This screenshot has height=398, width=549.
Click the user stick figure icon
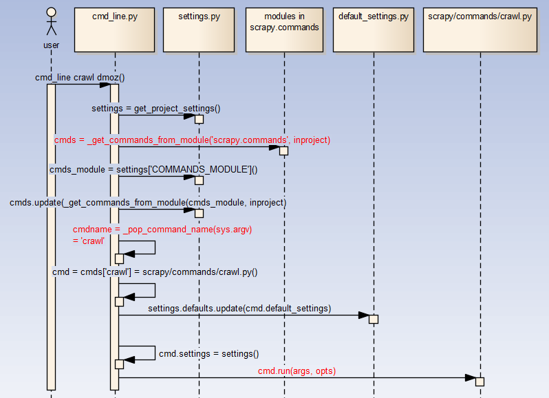pos(51,22)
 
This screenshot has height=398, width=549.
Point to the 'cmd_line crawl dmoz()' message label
pos(80,78)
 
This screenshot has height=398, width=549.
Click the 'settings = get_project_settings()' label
pos(156,109)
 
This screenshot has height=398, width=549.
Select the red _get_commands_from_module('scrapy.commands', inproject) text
pos(192,140)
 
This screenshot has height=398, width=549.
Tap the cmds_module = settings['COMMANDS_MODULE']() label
pos(153,169)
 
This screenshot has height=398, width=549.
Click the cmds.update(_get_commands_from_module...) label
pos(148,203)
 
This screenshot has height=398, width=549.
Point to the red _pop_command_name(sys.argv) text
pos(162,229)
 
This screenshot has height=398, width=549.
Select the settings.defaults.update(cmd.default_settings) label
pos(239,309)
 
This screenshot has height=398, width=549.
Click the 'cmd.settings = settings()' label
pos(208,354)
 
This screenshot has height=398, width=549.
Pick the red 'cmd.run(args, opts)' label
pos(297,371)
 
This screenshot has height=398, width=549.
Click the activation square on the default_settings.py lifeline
pos(374,319)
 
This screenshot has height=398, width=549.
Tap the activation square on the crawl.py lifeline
pos(480,382)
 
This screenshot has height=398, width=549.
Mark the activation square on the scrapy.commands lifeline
pos(283,151)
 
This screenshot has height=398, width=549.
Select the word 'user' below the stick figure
pos(51,45)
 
